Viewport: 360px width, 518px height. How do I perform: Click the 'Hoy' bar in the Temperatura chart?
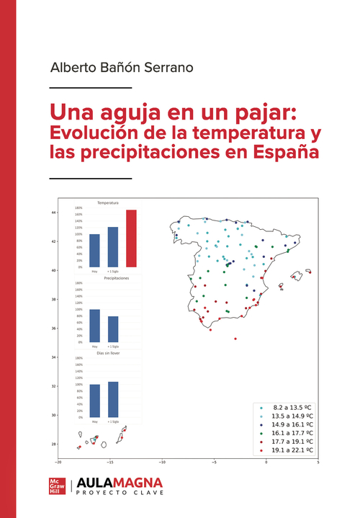click(x=94, y=250)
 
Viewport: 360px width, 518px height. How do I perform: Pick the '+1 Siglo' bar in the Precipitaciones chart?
click(x=113, y=329)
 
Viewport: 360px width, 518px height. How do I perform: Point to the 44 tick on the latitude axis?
click(x=53, y=213)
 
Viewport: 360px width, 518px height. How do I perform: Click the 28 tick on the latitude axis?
click(x=53, y=444)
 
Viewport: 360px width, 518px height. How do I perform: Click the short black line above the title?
click(x=91, y=87)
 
